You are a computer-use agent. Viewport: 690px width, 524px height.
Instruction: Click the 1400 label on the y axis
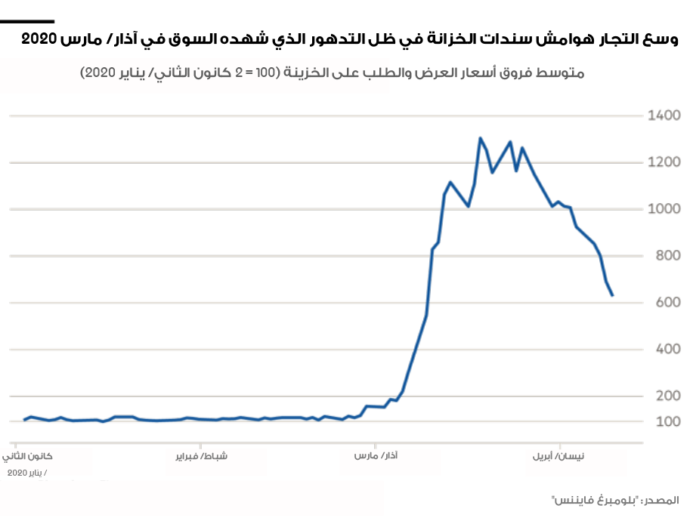664,116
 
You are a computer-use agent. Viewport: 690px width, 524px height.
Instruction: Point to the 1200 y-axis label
664,162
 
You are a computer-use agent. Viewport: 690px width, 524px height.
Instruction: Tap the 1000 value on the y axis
664,209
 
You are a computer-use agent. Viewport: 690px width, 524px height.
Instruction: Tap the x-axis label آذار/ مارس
376,457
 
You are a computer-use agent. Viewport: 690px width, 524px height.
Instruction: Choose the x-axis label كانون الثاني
32,457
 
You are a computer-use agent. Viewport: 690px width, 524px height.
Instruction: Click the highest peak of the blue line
480,138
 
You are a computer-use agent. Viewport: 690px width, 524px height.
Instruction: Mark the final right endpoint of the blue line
612,295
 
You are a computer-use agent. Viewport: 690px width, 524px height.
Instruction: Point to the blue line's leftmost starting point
24,420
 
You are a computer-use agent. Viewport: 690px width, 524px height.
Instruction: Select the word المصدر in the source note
661,501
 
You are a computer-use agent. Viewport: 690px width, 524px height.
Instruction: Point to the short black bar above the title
27,22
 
